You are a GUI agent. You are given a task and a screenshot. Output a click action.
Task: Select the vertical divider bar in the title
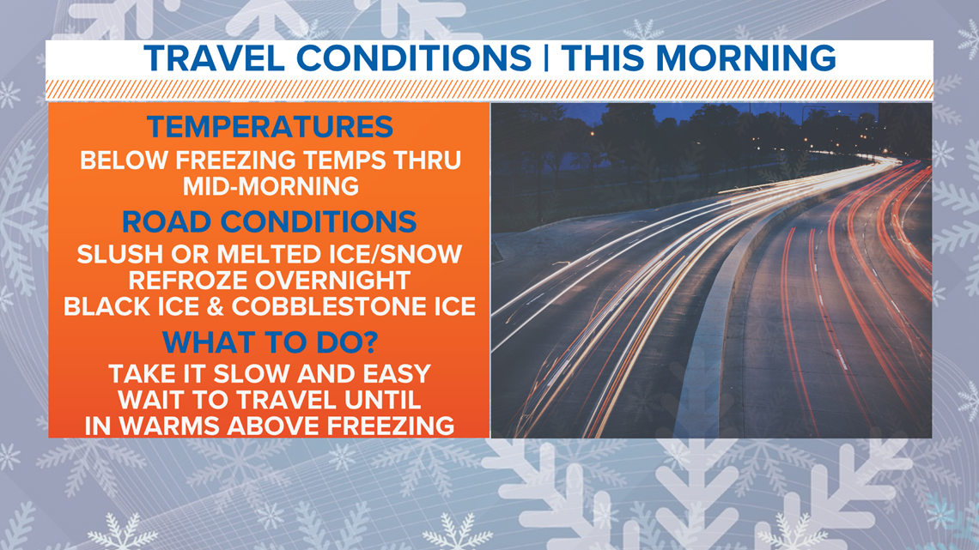click(x=545, y=58)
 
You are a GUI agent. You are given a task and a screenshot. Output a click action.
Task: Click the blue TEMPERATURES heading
click(x=270, y=127)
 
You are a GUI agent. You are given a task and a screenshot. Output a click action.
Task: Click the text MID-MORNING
click(x=271, y=186)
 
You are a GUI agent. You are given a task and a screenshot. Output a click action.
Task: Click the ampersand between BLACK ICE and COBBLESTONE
click(x=216, y=307)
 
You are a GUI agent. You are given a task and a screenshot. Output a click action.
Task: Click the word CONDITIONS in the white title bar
click(x=413, y=58)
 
